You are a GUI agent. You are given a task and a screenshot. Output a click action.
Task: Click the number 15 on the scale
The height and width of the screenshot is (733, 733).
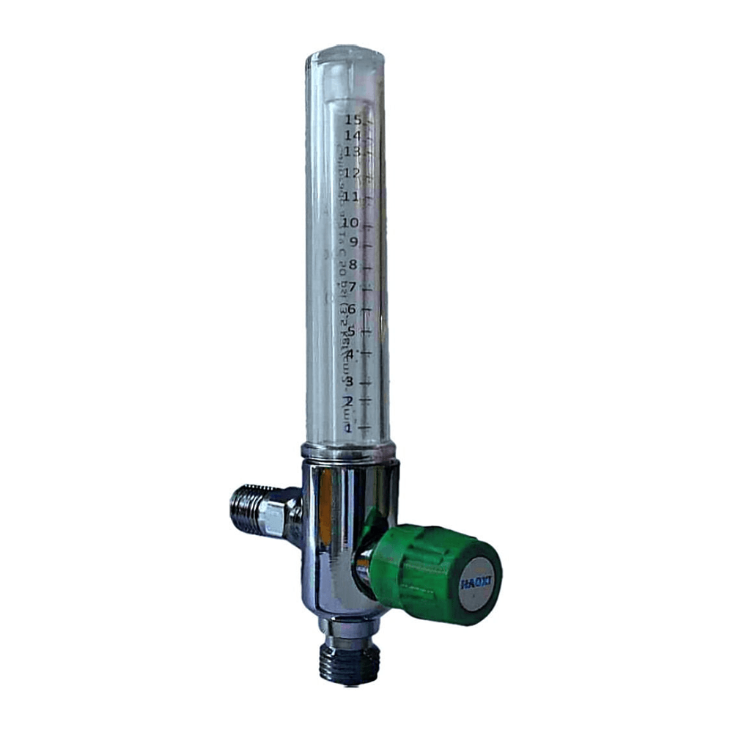(x=353, y=119)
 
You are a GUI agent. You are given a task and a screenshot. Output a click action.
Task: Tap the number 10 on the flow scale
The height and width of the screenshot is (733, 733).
(x=350, y=222)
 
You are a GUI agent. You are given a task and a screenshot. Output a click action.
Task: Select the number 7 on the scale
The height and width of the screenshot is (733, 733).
(x=352, y=287)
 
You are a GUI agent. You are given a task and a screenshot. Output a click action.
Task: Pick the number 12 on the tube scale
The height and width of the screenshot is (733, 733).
(x=352, y=174)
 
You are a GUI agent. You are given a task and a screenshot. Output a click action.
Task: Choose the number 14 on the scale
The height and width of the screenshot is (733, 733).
(x=352, y=136)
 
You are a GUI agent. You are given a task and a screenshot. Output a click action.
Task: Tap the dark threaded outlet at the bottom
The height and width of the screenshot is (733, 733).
(x=350, y=663)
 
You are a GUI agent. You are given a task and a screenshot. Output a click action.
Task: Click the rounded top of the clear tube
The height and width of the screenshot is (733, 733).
(x=344, y=59)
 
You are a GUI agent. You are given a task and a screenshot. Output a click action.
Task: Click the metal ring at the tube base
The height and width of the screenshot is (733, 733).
(x=347, y=450)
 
